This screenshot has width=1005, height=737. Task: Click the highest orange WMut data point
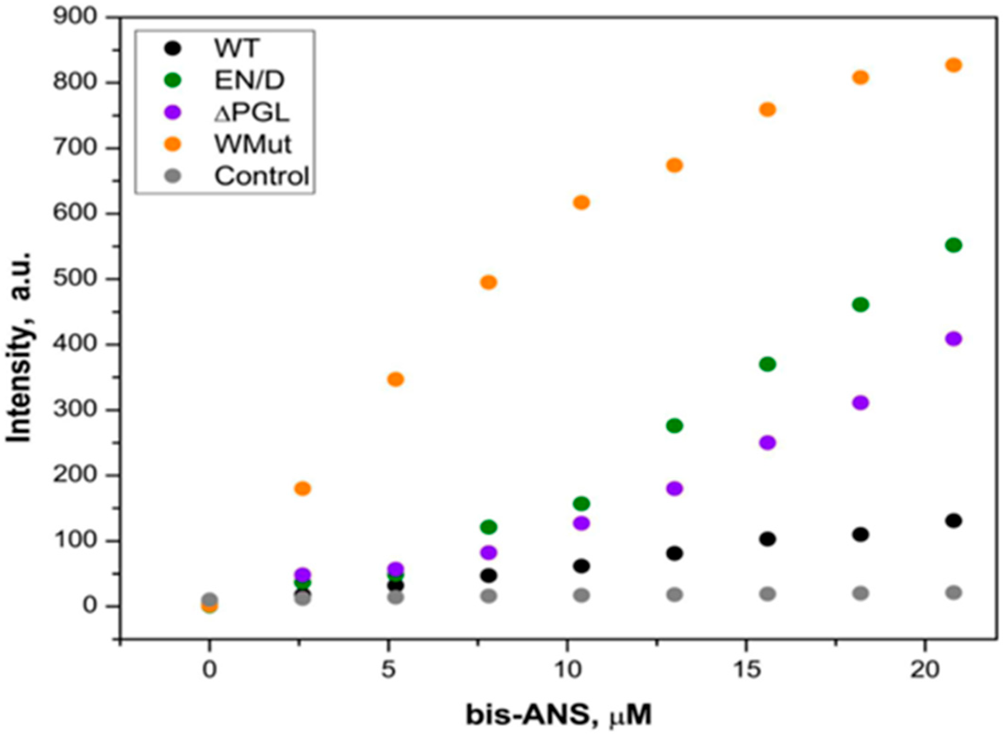[954, 65]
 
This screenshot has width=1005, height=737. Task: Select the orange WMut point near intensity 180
[303, 488]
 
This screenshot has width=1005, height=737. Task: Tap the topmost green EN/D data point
[954, 245]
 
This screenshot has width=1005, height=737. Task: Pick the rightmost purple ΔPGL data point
[954, 339]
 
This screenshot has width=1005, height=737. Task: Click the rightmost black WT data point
[954, 521]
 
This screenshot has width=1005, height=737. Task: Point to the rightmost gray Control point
[954, 592]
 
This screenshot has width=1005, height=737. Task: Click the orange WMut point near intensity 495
[488, 282]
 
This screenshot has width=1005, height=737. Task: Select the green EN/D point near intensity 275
[675, 425]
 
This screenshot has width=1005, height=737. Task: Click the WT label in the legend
[236, 48]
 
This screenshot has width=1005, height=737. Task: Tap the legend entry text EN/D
[250, 80]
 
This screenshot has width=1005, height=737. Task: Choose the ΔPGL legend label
[252, 112]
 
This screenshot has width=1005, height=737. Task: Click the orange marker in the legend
[173, 144]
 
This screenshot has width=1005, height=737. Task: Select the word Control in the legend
[262, 176]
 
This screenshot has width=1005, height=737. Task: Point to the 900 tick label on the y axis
[75, 17]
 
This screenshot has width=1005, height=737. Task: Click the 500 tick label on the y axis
[75, 279]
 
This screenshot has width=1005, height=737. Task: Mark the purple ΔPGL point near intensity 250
[768, 442]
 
